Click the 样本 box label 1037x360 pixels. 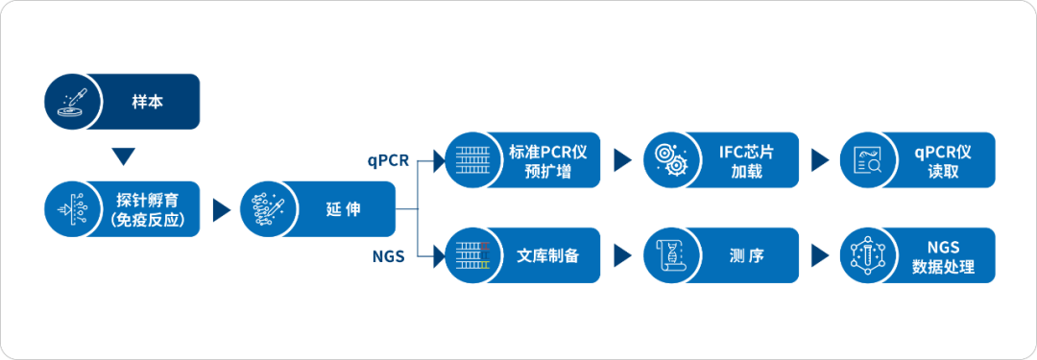pyautogui.click(x=147, y=102)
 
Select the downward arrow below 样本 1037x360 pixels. pyautogui.click(x=122, y=156)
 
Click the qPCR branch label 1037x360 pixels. pyautogui.click(x=389, y=160)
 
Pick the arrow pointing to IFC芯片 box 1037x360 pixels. pyautogui.click(x=621, y=160)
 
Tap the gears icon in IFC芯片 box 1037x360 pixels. pyautogui.click(x=667, y=160)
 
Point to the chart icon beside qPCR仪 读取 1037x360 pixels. pyautogui.click(x=867, y=160)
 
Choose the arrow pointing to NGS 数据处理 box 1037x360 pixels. pyautogui.click(x=819, y=256)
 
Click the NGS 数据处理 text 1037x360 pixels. pyautogui.click(x=942, y=256)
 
